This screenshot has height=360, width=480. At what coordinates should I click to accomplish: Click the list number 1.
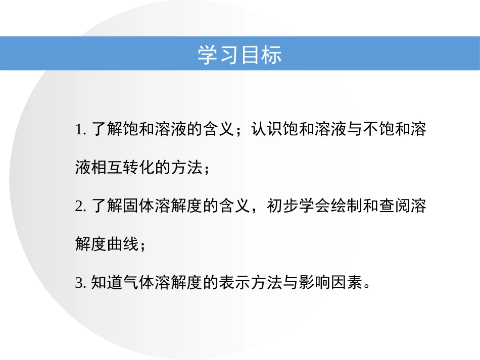click(x=78, y=130)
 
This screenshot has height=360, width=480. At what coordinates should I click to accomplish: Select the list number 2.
click(x=78, y=207)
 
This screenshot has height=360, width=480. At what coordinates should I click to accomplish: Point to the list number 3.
click(x=78, y=283)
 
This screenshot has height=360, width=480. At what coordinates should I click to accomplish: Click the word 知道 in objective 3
click(x=107, y=283)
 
